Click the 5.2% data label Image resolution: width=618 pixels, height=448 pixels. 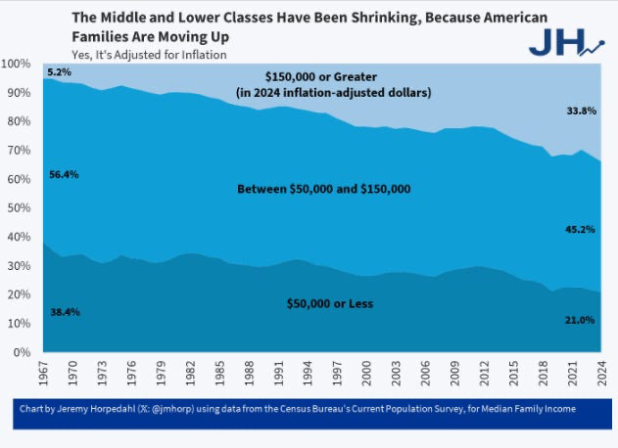60,72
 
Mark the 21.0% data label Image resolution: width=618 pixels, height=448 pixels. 581,320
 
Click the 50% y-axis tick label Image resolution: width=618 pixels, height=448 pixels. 20,207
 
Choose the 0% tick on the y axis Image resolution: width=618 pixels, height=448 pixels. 24,352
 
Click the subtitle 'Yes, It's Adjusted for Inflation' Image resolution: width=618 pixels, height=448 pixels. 149,55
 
